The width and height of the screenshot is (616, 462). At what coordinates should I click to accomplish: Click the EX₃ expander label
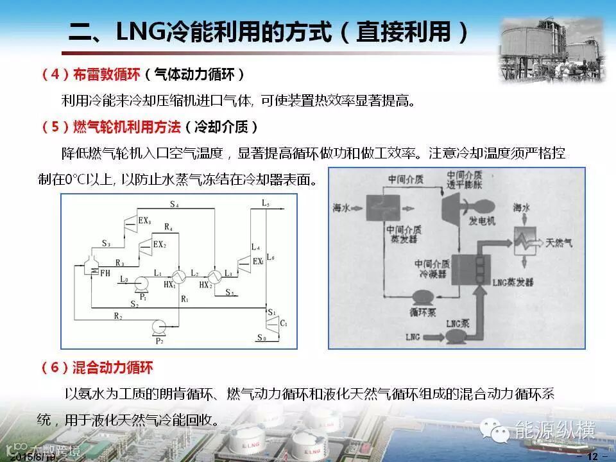pyautogui.click(x=145, y=221)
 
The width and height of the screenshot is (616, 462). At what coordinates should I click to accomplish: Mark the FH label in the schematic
pyautogui.click(x=105, y=273)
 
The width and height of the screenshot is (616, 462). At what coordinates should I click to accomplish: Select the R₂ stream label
pyautogui.click(x=118, y=316)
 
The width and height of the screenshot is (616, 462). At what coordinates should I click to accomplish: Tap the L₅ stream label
pyautogui.click(x=266, y=203)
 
